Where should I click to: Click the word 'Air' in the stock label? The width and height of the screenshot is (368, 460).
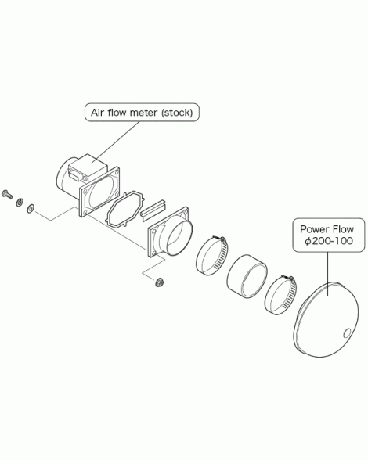[x=97, y=113]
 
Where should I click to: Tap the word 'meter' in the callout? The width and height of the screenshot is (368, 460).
[x=143, y=113]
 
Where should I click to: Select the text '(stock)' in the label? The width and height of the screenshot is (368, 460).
[x=177, y=113]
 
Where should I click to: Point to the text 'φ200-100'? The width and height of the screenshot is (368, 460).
[x=329, y=241]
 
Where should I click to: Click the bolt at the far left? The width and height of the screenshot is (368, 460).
[x=7, y=194]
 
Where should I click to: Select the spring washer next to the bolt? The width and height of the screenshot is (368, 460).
[x=20, y=202]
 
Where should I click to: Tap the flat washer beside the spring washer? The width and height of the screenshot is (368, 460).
[x=31, y=209]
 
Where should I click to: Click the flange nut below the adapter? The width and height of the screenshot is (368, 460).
[x=159, y=282]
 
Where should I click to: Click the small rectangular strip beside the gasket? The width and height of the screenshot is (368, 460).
[x=153, y=210]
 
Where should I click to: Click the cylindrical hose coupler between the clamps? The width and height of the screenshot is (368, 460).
[x=247, y=276]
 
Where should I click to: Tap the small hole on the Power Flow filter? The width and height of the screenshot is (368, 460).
[x=347, y=333]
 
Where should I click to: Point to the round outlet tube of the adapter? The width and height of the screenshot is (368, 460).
[x=176, y=238]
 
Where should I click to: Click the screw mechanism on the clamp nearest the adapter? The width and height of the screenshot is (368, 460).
[x=219, y=239]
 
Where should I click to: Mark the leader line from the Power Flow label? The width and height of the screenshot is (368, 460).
[x=328, y=274]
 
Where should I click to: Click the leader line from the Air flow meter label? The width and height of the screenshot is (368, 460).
[x=116, y=142]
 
